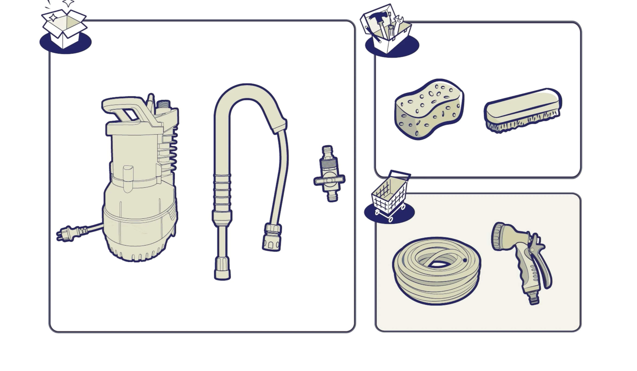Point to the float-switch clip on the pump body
pos(128,177)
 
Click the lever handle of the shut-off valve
pos(329,180)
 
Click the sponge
pos(429,109)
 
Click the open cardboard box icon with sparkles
pos(65,28)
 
